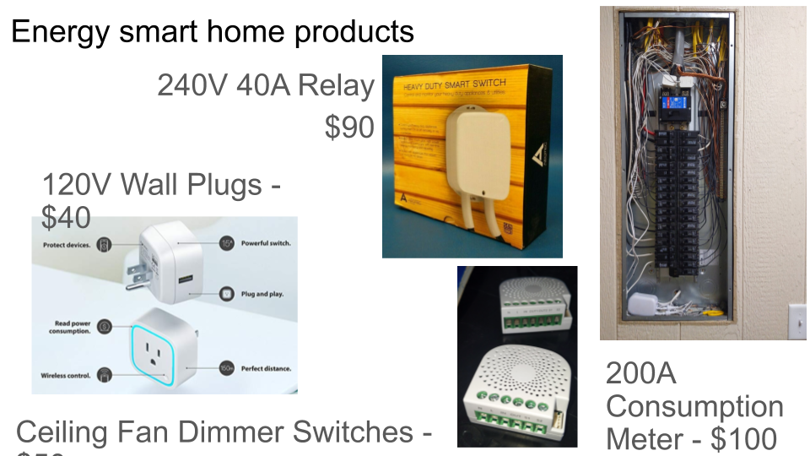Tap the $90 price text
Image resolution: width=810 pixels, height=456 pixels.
(x=349, y=127)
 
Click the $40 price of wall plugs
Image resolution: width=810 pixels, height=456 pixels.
(x=66, y=218)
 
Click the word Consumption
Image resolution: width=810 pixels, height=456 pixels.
(x=694, y=406)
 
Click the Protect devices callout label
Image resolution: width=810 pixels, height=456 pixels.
(x=67, y=245)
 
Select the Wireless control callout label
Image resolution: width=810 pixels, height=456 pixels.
(x=66, y=375)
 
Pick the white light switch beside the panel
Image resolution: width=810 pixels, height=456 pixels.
(x=796, y=321)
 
